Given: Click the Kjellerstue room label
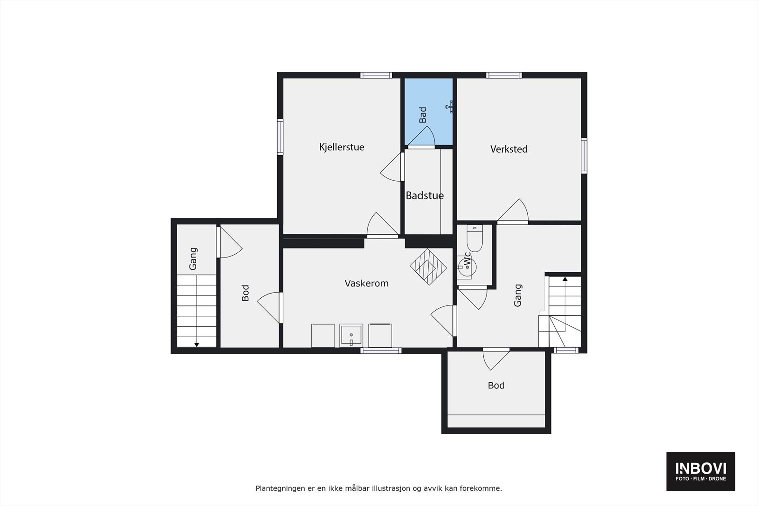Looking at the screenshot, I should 342,147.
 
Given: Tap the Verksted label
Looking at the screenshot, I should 509,149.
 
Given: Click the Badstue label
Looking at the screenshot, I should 424,195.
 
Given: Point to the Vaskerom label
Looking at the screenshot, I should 366,283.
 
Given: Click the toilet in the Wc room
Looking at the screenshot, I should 474,239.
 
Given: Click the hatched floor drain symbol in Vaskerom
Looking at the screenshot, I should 428,267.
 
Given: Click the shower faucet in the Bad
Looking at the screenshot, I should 450,107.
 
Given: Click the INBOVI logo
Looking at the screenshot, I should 701,471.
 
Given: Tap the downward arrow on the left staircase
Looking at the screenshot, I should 197,345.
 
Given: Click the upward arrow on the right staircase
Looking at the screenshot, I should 565,279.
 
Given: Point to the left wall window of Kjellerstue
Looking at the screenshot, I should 280,137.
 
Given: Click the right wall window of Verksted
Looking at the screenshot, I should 584,156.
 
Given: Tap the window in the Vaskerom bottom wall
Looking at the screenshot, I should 381,350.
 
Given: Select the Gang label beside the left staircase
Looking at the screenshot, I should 193,259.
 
